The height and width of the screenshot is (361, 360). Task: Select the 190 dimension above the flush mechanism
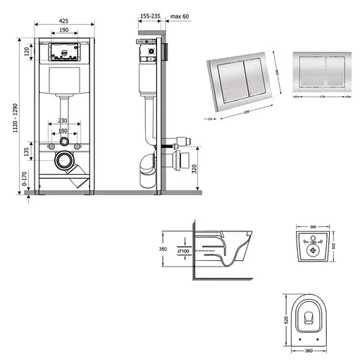coord(63,32)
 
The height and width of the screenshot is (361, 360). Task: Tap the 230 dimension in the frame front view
coord(64,121)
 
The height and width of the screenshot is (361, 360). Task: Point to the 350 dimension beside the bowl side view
coord(163,250)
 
